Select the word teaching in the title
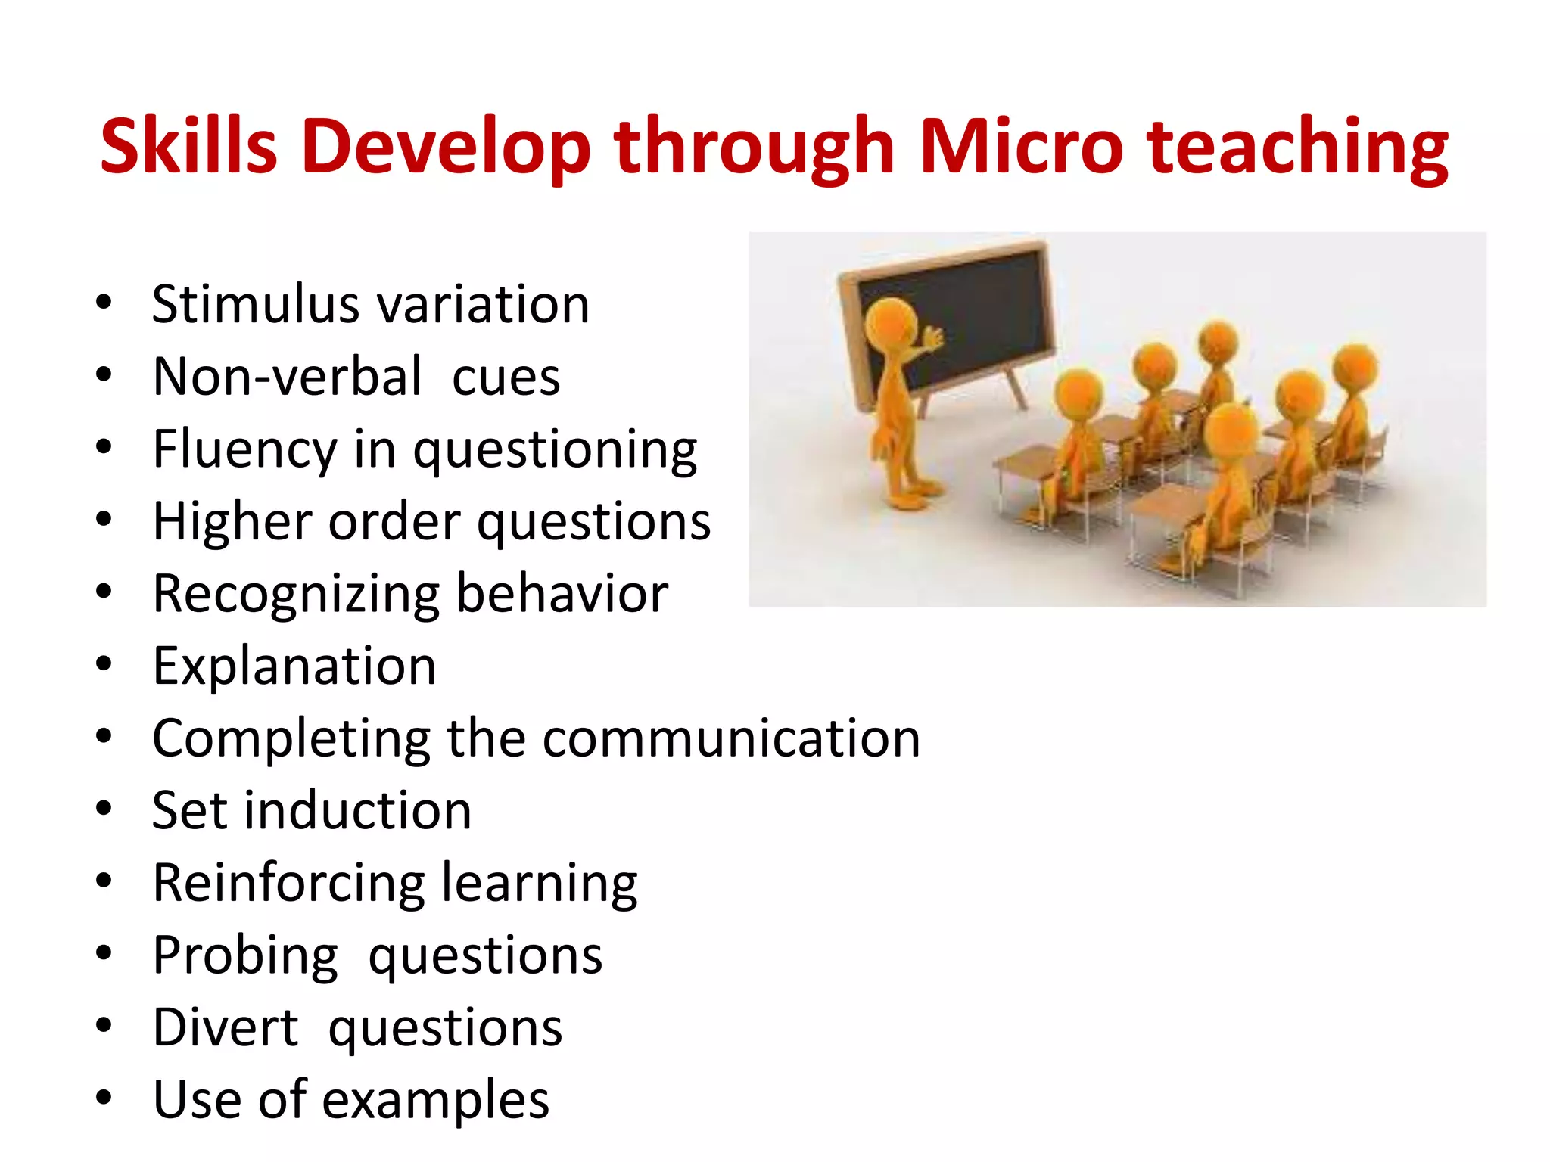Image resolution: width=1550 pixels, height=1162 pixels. (1297, 148)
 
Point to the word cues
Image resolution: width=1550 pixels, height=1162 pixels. (506, 377)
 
